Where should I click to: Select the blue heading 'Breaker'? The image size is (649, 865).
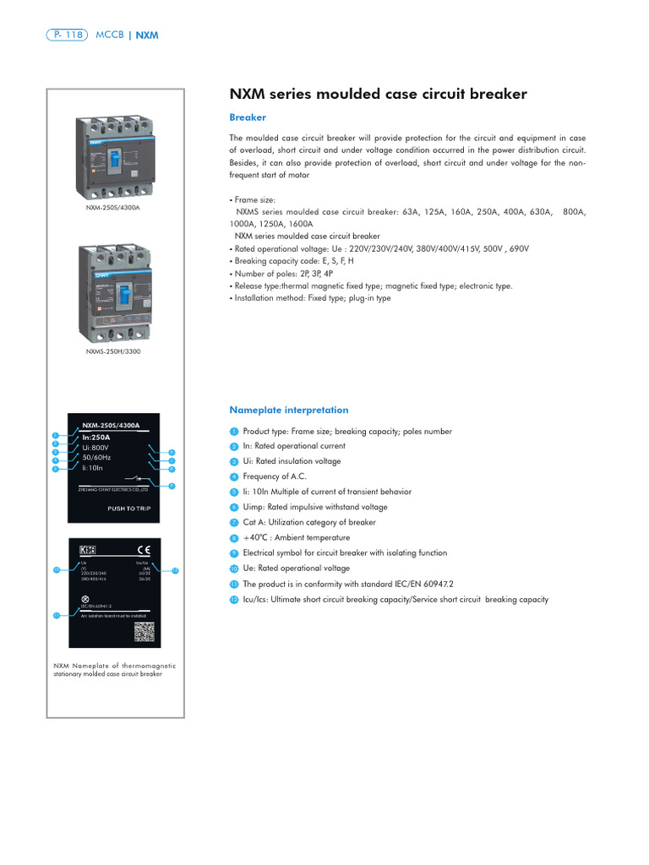pyautogui.click(x=248, y=117)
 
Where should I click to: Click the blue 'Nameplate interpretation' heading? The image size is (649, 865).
pyautogui.click(x=288, y=410)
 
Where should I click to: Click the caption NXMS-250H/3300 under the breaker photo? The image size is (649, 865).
pyautogui.click(x=112, y=351)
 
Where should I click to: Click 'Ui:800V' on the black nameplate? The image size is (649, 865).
pyautogui.click(x=95, y=447)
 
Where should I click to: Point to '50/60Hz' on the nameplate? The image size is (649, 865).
pyautogui.click(x=98, y=457)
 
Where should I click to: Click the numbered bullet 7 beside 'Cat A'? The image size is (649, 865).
pyautogui.click(x=234, y=523)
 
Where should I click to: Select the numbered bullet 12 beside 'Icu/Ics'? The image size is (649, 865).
pyautogui.click(x=234, y=600)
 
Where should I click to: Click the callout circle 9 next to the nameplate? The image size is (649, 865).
pyautogui.click(x=172, y=486)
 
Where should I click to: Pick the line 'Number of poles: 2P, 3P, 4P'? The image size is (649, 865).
pyautogui.click(x=282, y=274)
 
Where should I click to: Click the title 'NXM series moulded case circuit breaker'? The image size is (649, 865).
pyautogui.click(x=379, y=94)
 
